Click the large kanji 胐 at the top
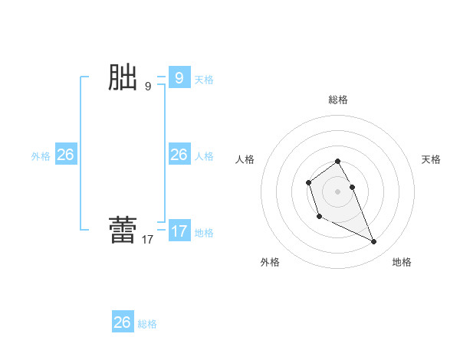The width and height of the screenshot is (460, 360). tap(123, 78)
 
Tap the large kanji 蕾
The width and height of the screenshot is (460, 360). tap(123, 231)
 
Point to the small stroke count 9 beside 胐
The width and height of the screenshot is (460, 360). tap(148, 87)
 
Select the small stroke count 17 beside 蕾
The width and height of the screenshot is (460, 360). tap(147, 240)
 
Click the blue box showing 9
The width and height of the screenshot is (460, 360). tap(179, 78)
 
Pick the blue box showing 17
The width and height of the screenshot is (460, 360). tap(179, 231)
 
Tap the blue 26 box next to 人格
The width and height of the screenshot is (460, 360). tap(179, 155)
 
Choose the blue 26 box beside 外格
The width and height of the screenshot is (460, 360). tap(65, 155)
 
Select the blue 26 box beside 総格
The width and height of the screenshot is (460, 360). tap(123, 322)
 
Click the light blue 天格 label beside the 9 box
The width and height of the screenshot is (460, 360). tap(204, 80)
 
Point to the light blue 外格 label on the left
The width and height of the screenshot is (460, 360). tap(41, 156)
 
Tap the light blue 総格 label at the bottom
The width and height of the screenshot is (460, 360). tap(147, 324)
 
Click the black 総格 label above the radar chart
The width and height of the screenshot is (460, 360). tap(338, 100)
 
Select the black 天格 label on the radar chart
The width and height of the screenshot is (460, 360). tap(431, 159)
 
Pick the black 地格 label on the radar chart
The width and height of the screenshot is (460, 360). tap(402, 262)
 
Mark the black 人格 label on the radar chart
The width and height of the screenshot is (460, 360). tap(245, 159)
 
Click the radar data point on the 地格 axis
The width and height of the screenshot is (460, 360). tap(373, 242)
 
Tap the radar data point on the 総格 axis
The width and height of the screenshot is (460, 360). tap(337, 161)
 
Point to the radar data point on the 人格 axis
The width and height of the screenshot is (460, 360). tap(308, 182)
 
